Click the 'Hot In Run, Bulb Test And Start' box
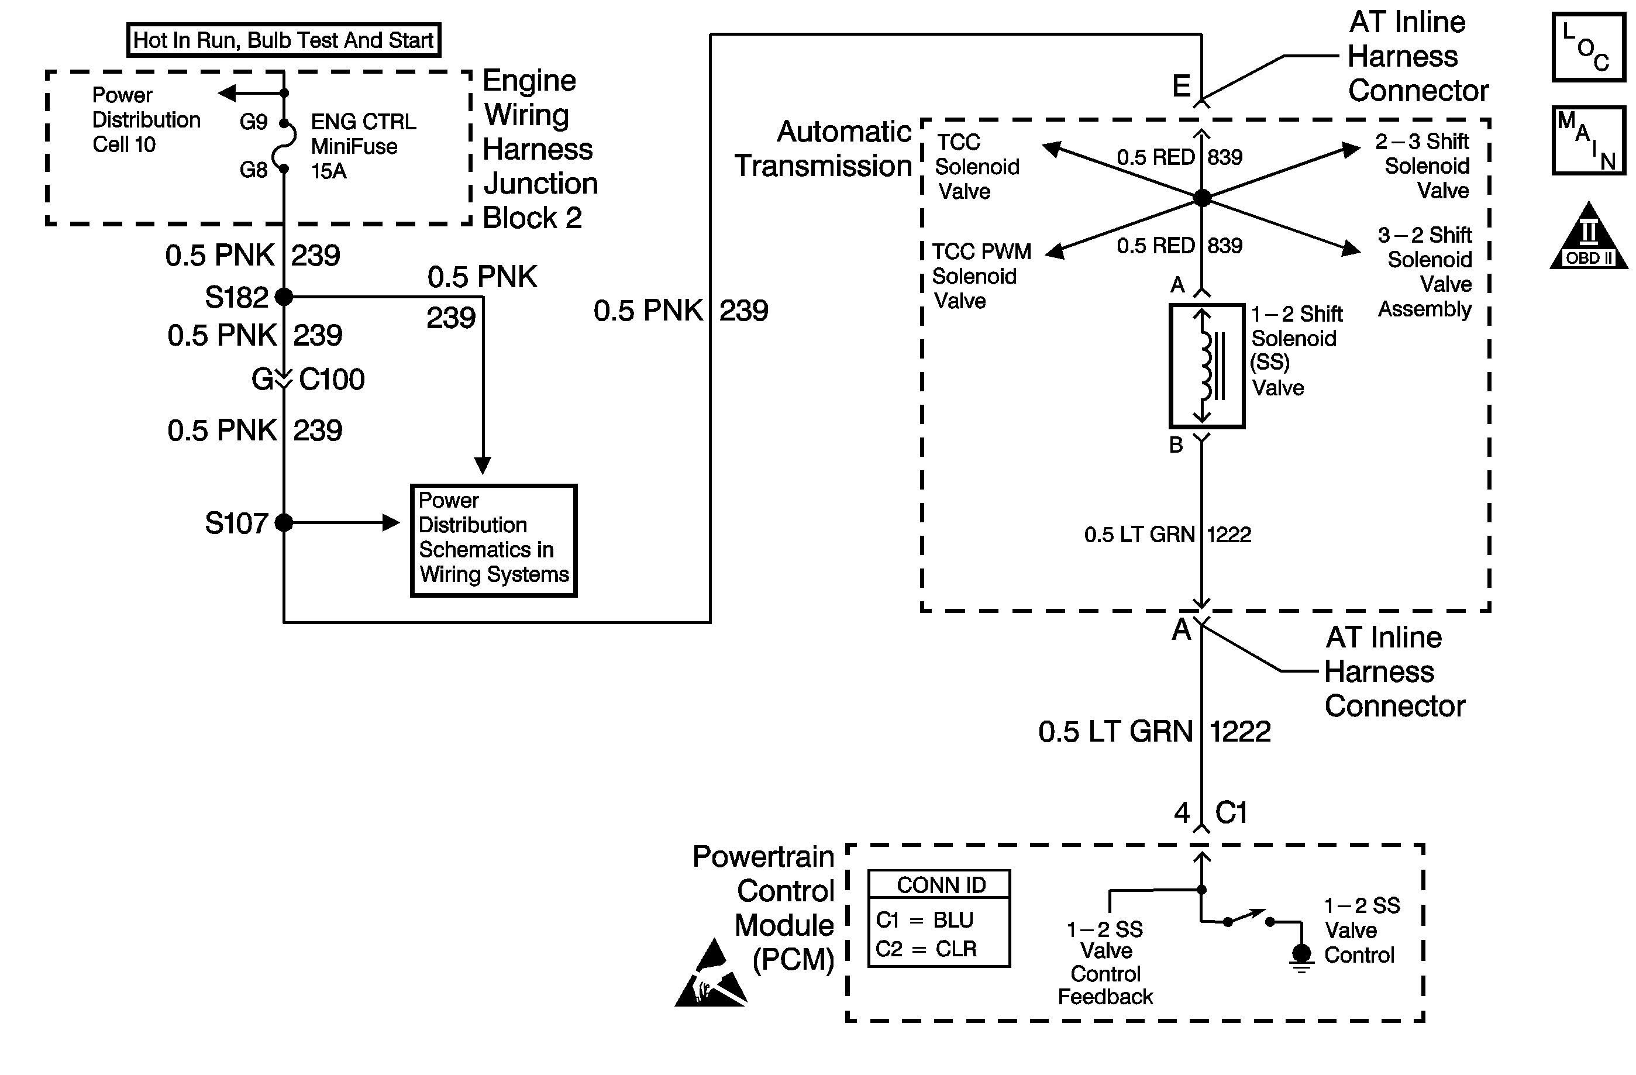tap(283, 40)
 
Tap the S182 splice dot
tap(284, 297)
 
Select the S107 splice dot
tap(284, 523)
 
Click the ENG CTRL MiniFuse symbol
tap(285, 146)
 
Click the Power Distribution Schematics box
tap(494, 541)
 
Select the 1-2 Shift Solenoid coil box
tap(1207, 366)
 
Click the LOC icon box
tap(1589, 47)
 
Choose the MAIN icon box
tap(1589, 140)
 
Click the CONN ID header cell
tap(940, 884)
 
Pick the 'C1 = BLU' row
tap(925, 919)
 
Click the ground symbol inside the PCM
tap(1301, 956)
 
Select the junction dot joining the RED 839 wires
tap(1201, 198)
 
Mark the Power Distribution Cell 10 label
tap(145, 119)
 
